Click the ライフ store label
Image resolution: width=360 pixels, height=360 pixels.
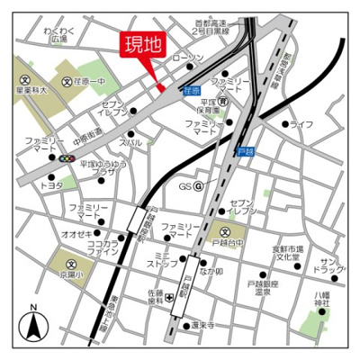301,123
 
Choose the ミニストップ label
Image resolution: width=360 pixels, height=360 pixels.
163,260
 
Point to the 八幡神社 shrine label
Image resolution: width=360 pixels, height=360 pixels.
322,298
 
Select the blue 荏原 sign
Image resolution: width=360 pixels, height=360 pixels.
190,90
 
